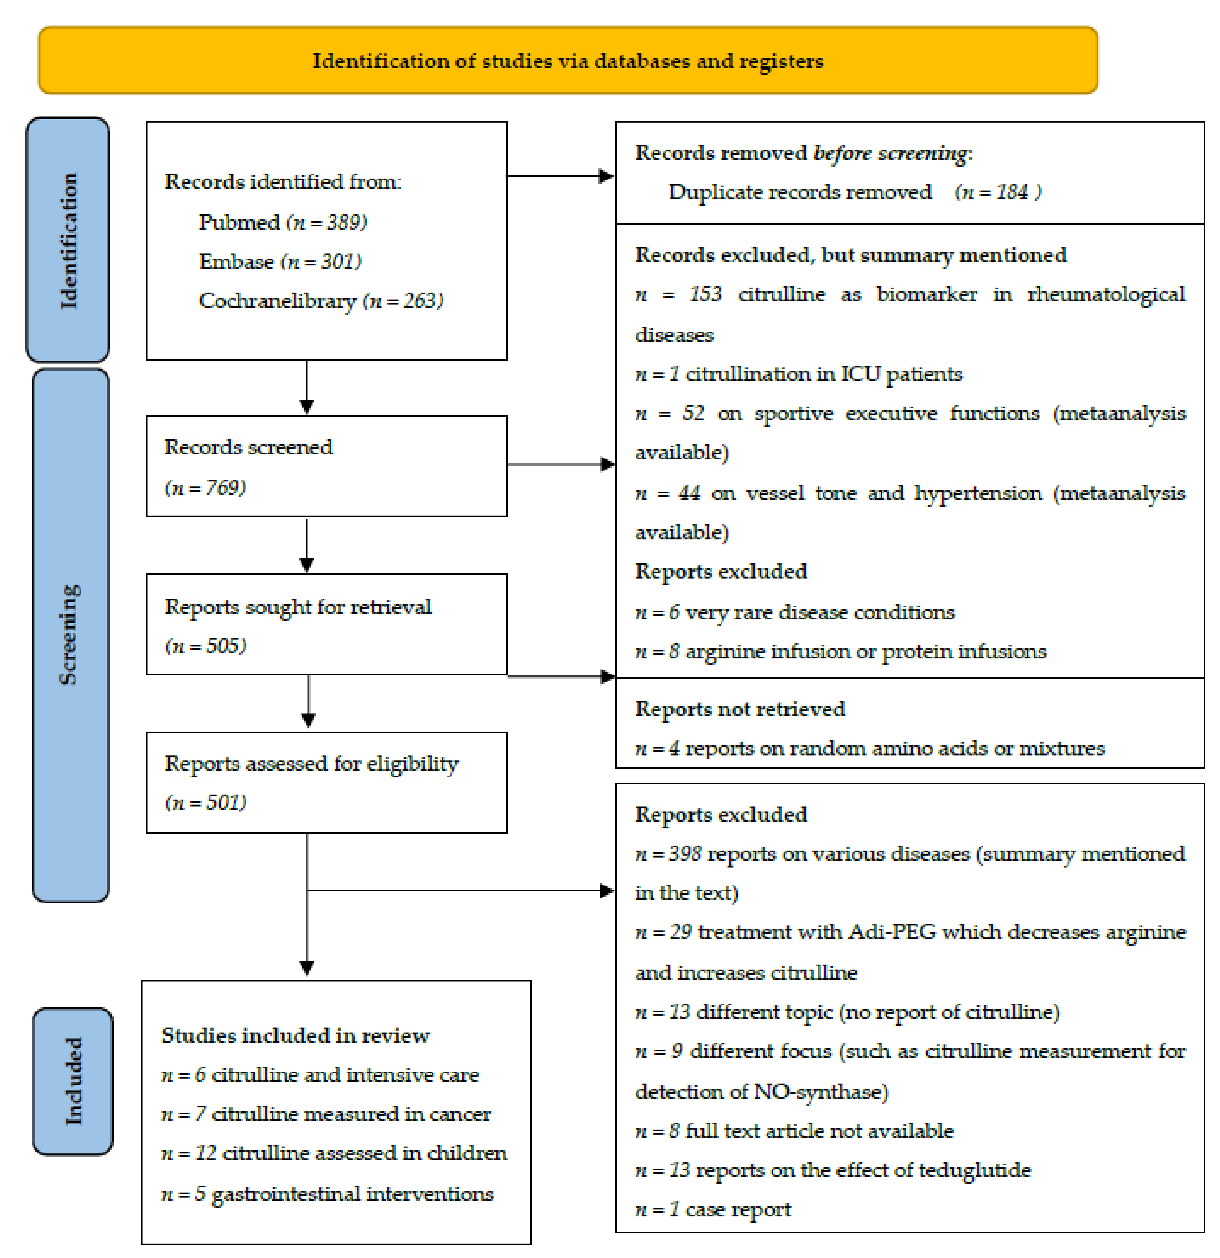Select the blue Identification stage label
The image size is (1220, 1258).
(68, 239)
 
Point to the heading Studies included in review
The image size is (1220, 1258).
(295, 1035)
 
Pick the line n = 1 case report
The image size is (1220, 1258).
(712, 1209)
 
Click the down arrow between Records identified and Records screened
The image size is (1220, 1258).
(307, 387)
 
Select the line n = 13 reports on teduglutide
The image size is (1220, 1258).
(832, 1170)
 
